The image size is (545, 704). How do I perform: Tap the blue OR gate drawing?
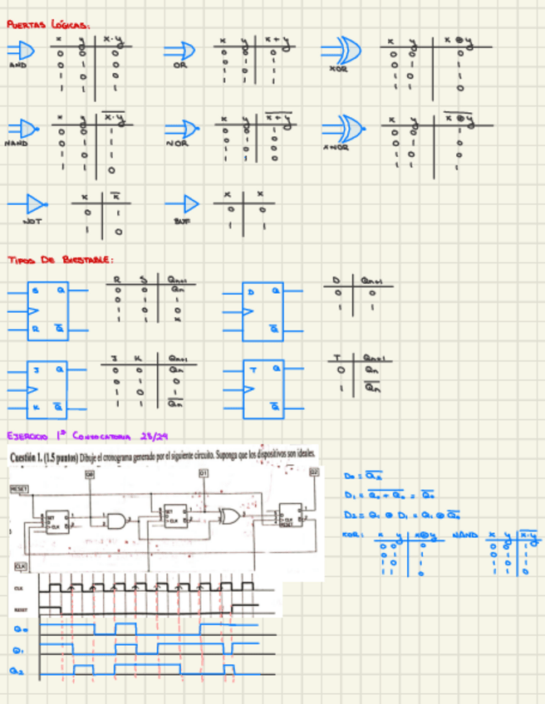pos(179,51)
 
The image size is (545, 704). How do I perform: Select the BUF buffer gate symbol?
pos(186,204)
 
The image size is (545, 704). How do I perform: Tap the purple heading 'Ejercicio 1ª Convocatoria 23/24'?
pos(86,435)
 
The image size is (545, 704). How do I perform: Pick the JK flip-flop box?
pos(48,388)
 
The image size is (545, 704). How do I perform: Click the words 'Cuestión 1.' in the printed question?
pos(32,457)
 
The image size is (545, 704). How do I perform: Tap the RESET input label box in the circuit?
pos(18,490)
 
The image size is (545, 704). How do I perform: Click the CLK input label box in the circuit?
pos(21,566)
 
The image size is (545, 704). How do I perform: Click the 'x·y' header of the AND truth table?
pos(112,40)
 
